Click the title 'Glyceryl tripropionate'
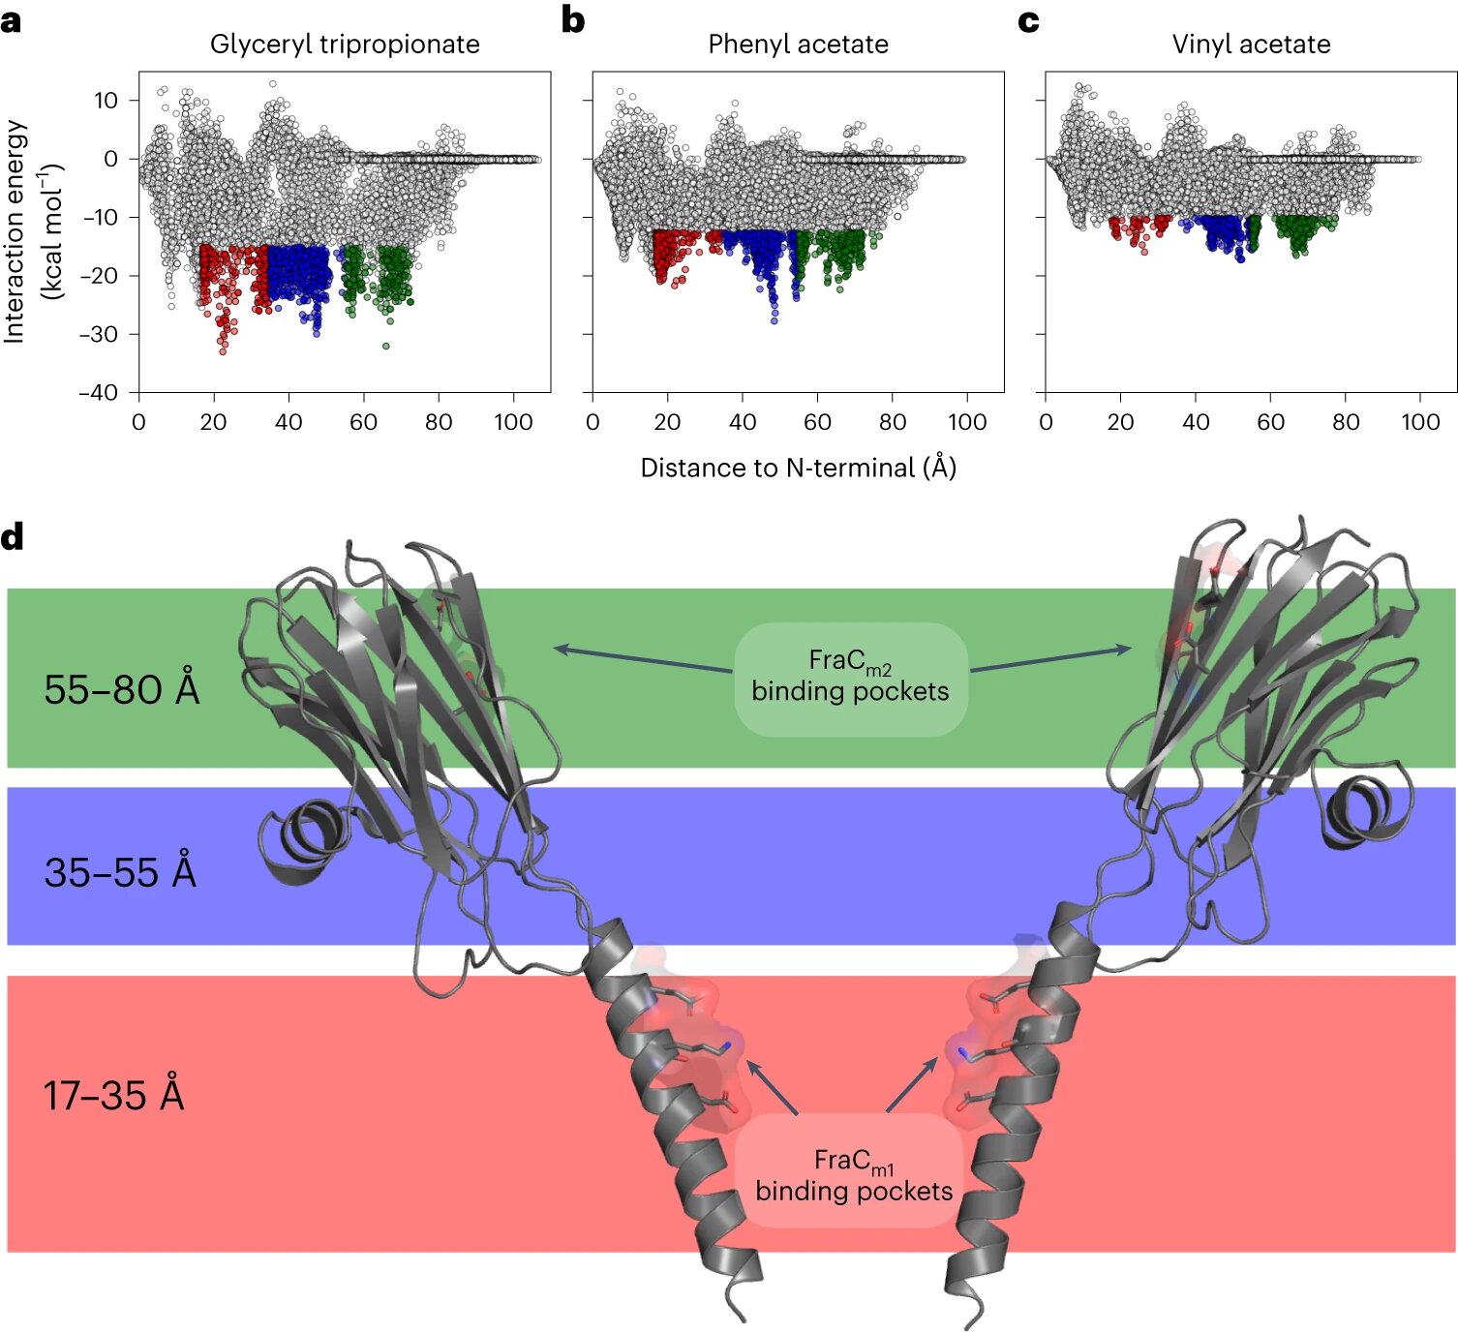345,45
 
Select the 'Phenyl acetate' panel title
798,45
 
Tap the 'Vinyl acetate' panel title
1251,45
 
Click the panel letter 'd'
13,537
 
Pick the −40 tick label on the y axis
99,393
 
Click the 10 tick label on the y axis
106,101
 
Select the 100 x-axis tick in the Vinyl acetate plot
1420,422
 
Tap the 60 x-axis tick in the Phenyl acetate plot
817,422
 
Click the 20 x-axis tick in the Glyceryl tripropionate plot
213,422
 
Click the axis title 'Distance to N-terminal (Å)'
798,468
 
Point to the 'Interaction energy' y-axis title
15,231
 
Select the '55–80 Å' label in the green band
122,690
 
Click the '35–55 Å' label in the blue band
120,872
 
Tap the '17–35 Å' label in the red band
113,1096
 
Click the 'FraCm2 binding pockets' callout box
850,678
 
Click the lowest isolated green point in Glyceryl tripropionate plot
386,346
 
